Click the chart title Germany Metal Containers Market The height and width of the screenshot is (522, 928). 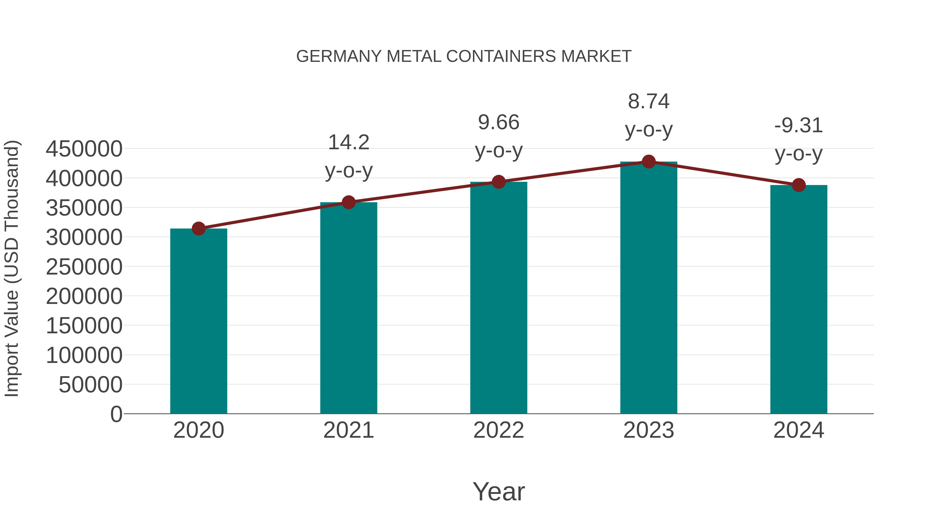(464, 56)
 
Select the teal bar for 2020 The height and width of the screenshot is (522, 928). (198, 321)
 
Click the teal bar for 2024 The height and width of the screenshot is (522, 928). (799, 299)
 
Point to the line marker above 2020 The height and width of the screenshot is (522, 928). (198, 228)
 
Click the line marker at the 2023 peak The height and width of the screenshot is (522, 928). (649, 162)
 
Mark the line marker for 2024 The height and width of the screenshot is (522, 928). (799, 185)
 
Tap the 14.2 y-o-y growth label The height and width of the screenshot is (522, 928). (348, 156)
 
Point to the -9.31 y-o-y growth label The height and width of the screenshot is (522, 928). (799, 139)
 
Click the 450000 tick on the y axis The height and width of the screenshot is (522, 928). (84, 149)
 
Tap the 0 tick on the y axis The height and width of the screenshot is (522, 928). (116, 414)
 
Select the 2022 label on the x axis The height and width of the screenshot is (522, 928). (499, 430)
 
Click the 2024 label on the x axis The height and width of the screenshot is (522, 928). (799, 430)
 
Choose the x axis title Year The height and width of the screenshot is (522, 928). (499, 491)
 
